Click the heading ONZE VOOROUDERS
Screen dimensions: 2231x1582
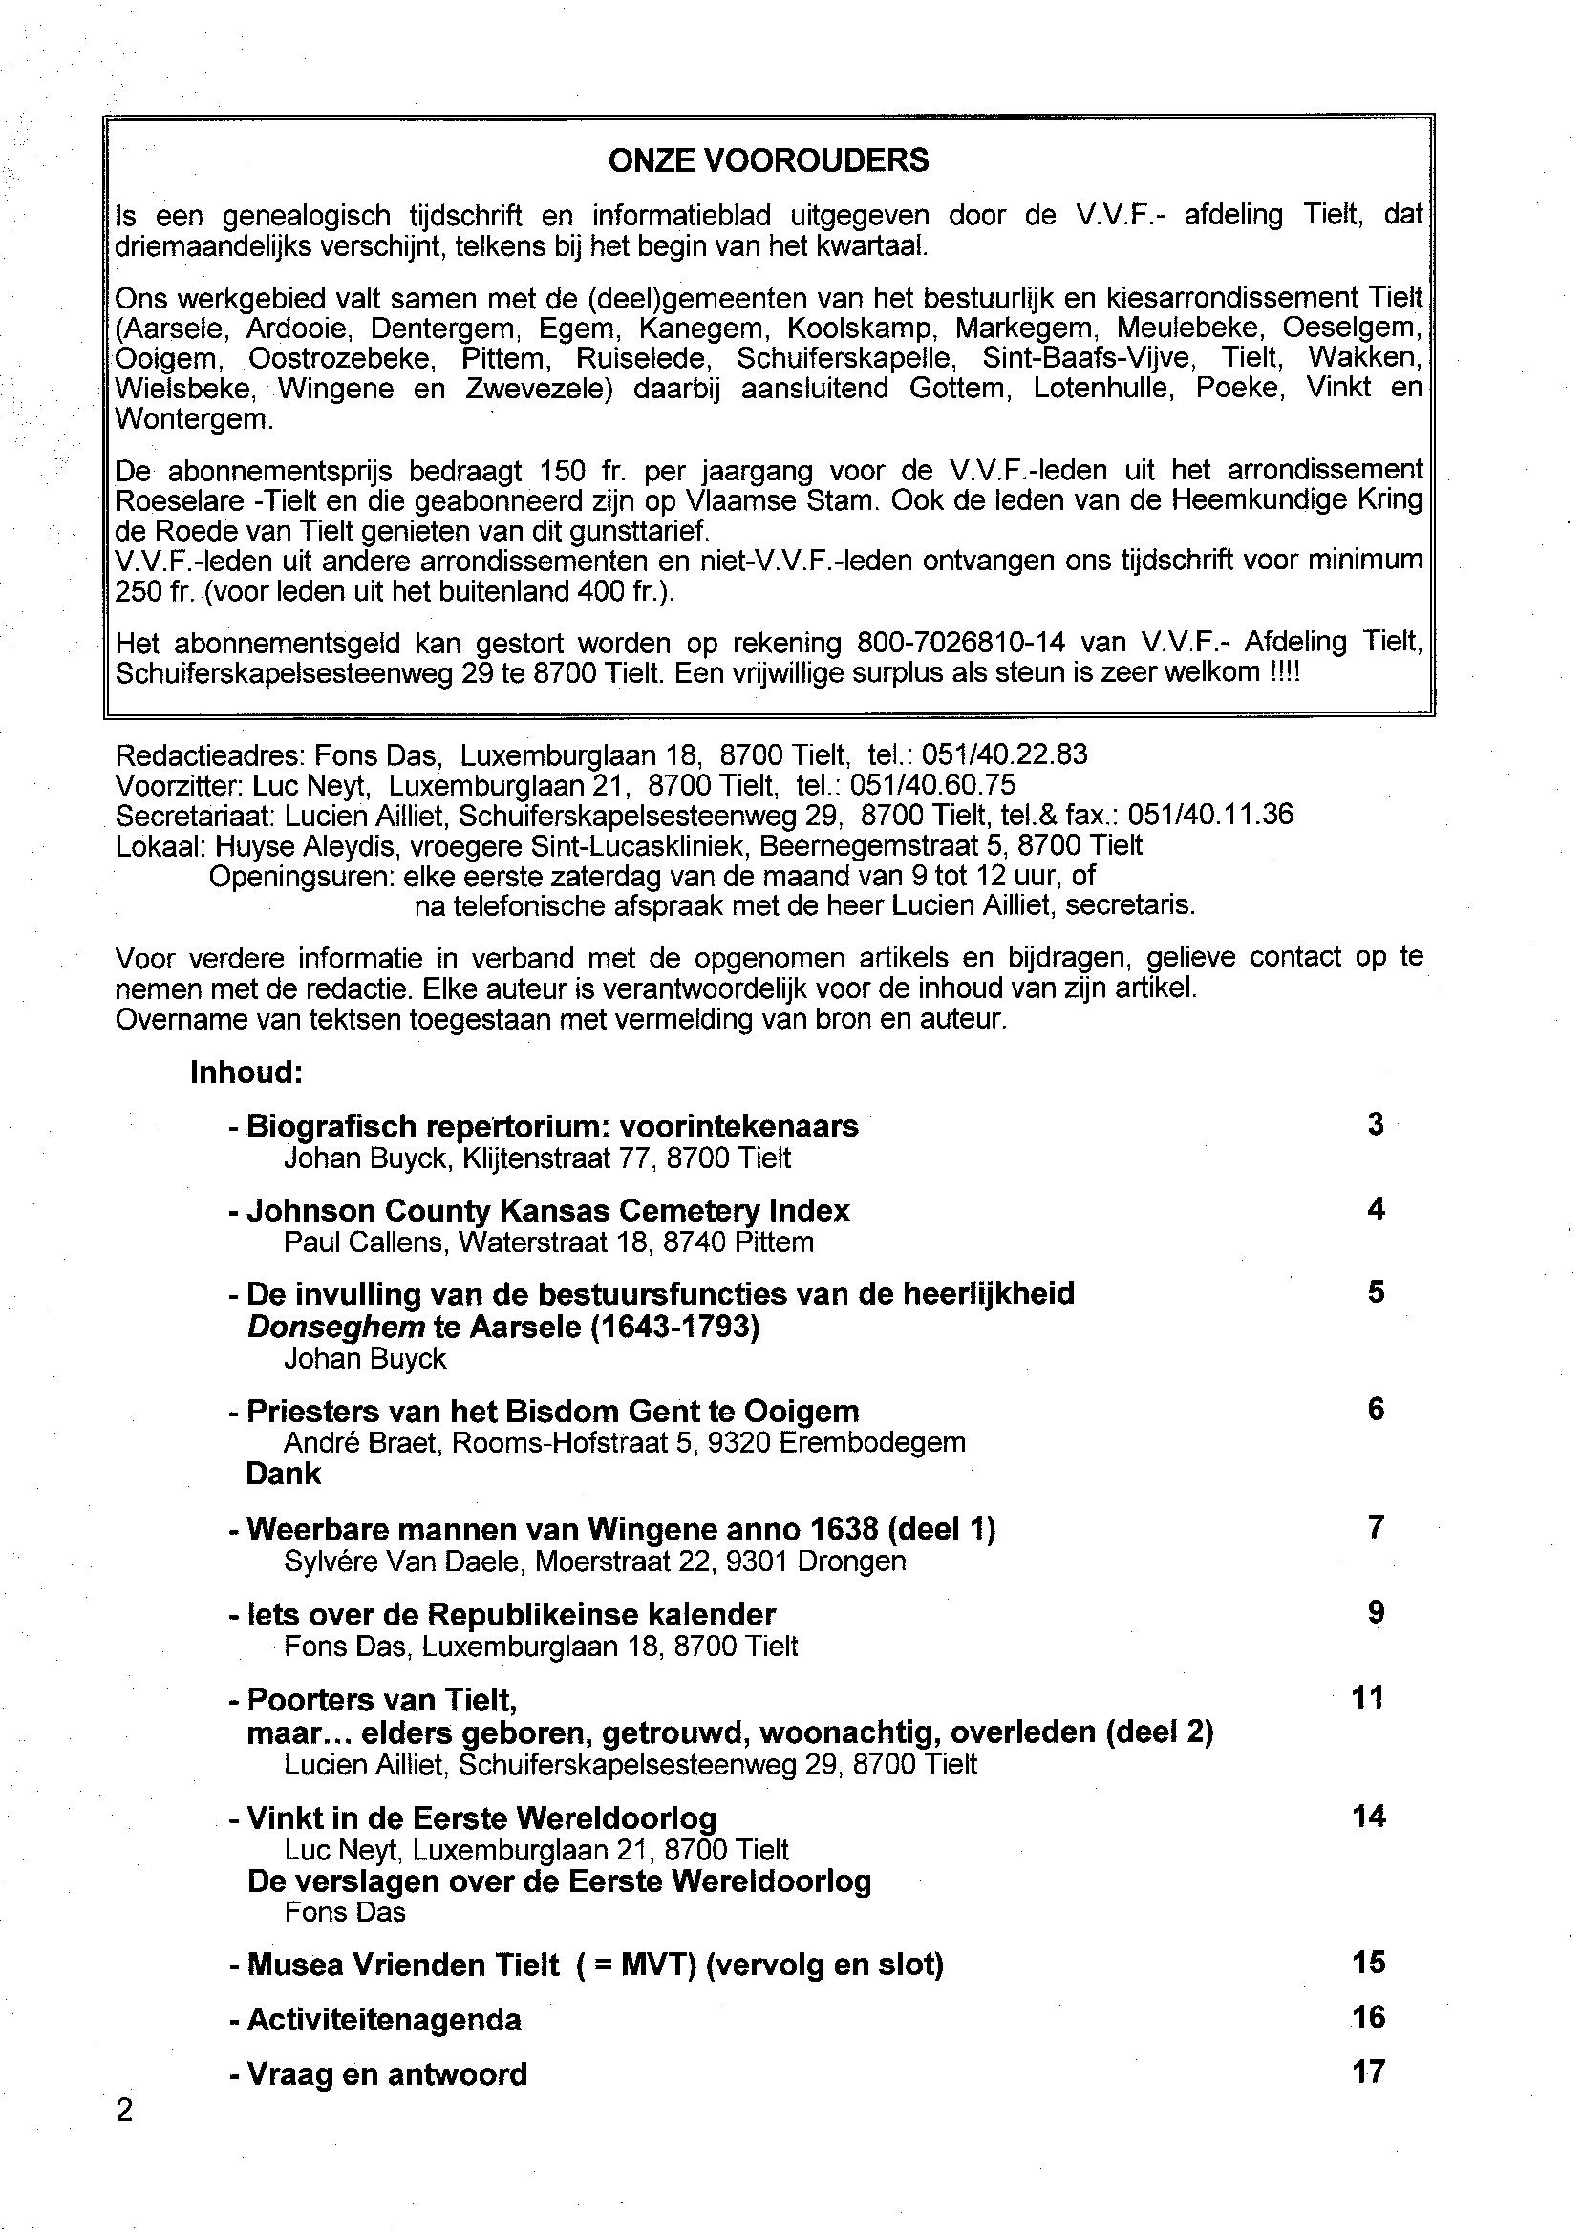(769, 160)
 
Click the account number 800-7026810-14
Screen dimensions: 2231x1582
(961, 643)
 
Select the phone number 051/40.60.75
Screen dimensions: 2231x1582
(932, 784)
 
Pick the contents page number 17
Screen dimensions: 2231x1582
(1368, 2071)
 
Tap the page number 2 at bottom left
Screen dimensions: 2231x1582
(124, 2111)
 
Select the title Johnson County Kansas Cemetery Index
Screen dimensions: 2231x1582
(547, 1210)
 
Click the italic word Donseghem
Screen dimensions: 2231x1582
(336, 1327)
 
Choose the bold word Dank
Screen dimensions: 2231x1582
(284, 1474)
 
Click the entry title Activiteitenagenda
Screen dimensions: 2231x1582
(384, 2020)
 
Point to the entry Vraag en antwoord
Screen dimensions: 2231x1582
(387, 2074)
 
